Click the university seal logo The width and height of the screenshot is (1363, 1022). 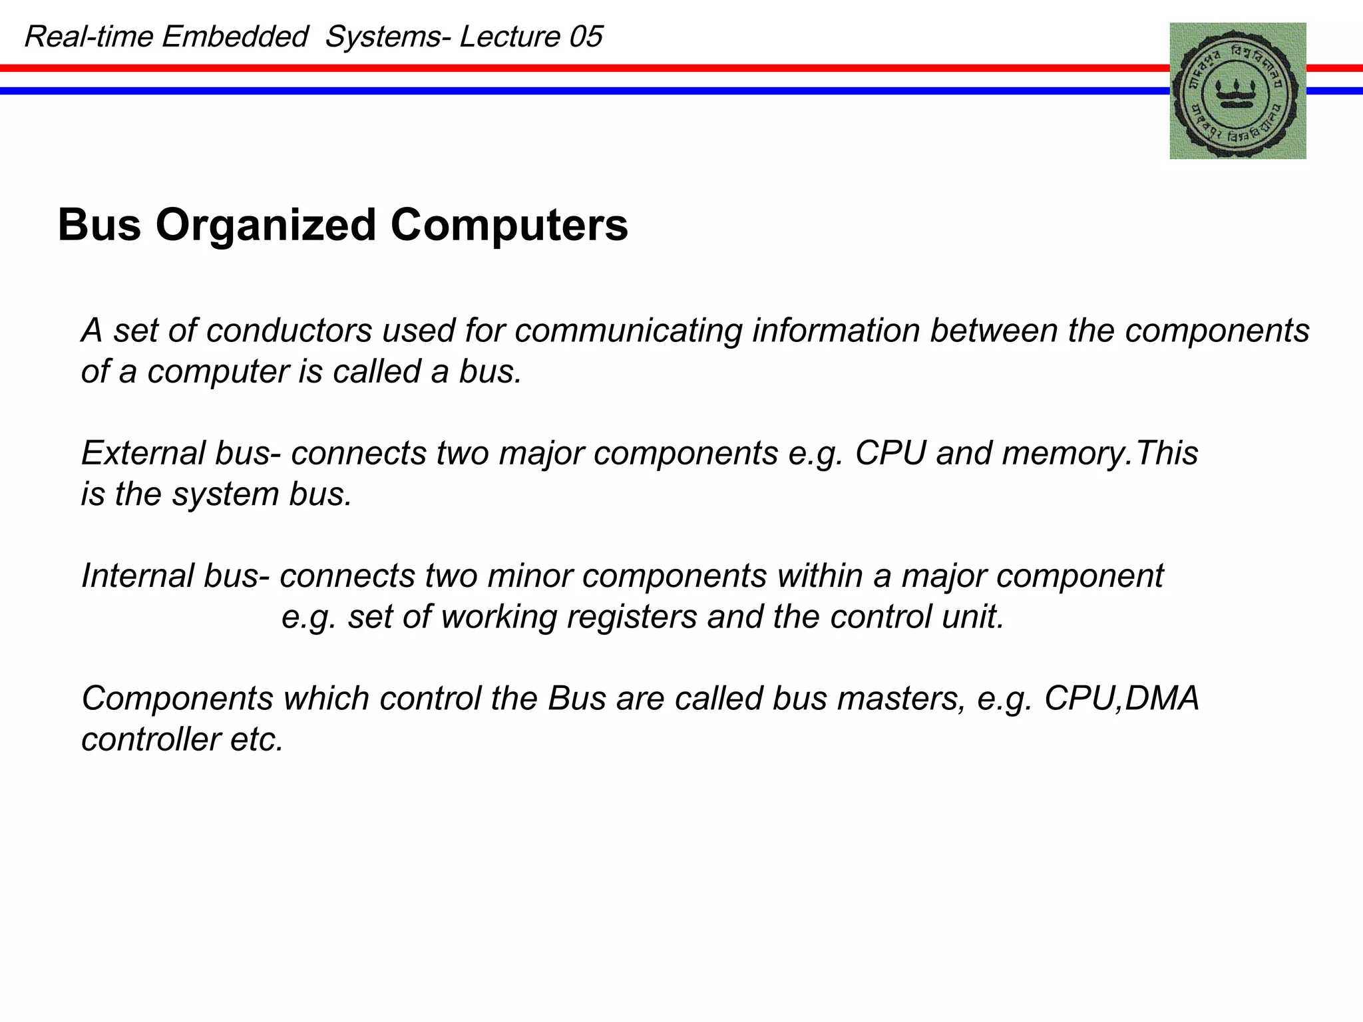(x=1237, y=90)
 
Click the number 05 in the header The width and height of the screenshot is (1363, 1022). (x=586, y=37)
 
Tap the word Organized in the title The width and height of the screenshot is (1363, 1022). (x=266, y=225)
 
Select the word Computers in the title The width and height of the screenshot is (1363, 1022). (x=509, y=225)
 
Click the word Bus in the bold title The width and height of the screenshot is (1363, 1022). (x=99, y=225)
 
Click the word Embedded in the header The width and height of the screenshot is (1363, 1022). (x=235, y=37)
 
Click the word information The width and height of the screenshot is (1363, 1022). (x=836, y=331)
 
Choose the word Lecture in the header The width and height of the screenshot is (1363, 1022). (x=509, y=37)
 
